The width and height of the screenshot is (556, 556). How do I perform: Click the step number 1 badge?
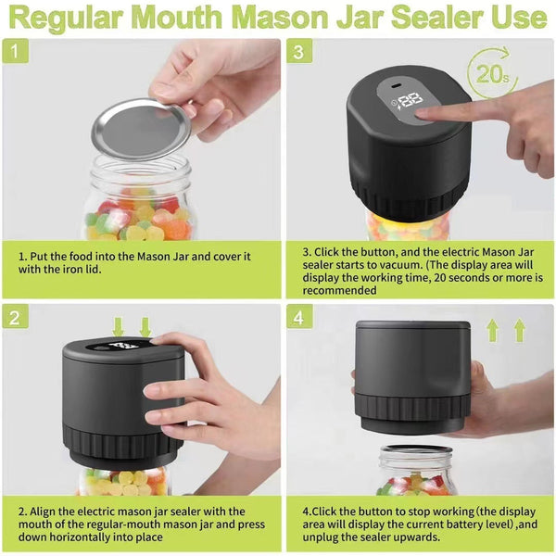(x=15, y=52)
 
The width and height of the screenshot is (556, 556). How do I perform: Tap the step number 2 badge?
(x=15, y=317)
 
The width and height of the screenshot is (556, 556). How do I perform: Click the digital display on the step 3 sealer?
(x=409, y=100)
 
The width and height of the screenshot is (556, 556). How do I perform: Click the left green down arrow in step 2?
(x=118, y=327)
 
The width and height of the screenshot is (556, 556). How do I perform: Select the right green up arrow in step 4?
(x=519, y=330)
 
